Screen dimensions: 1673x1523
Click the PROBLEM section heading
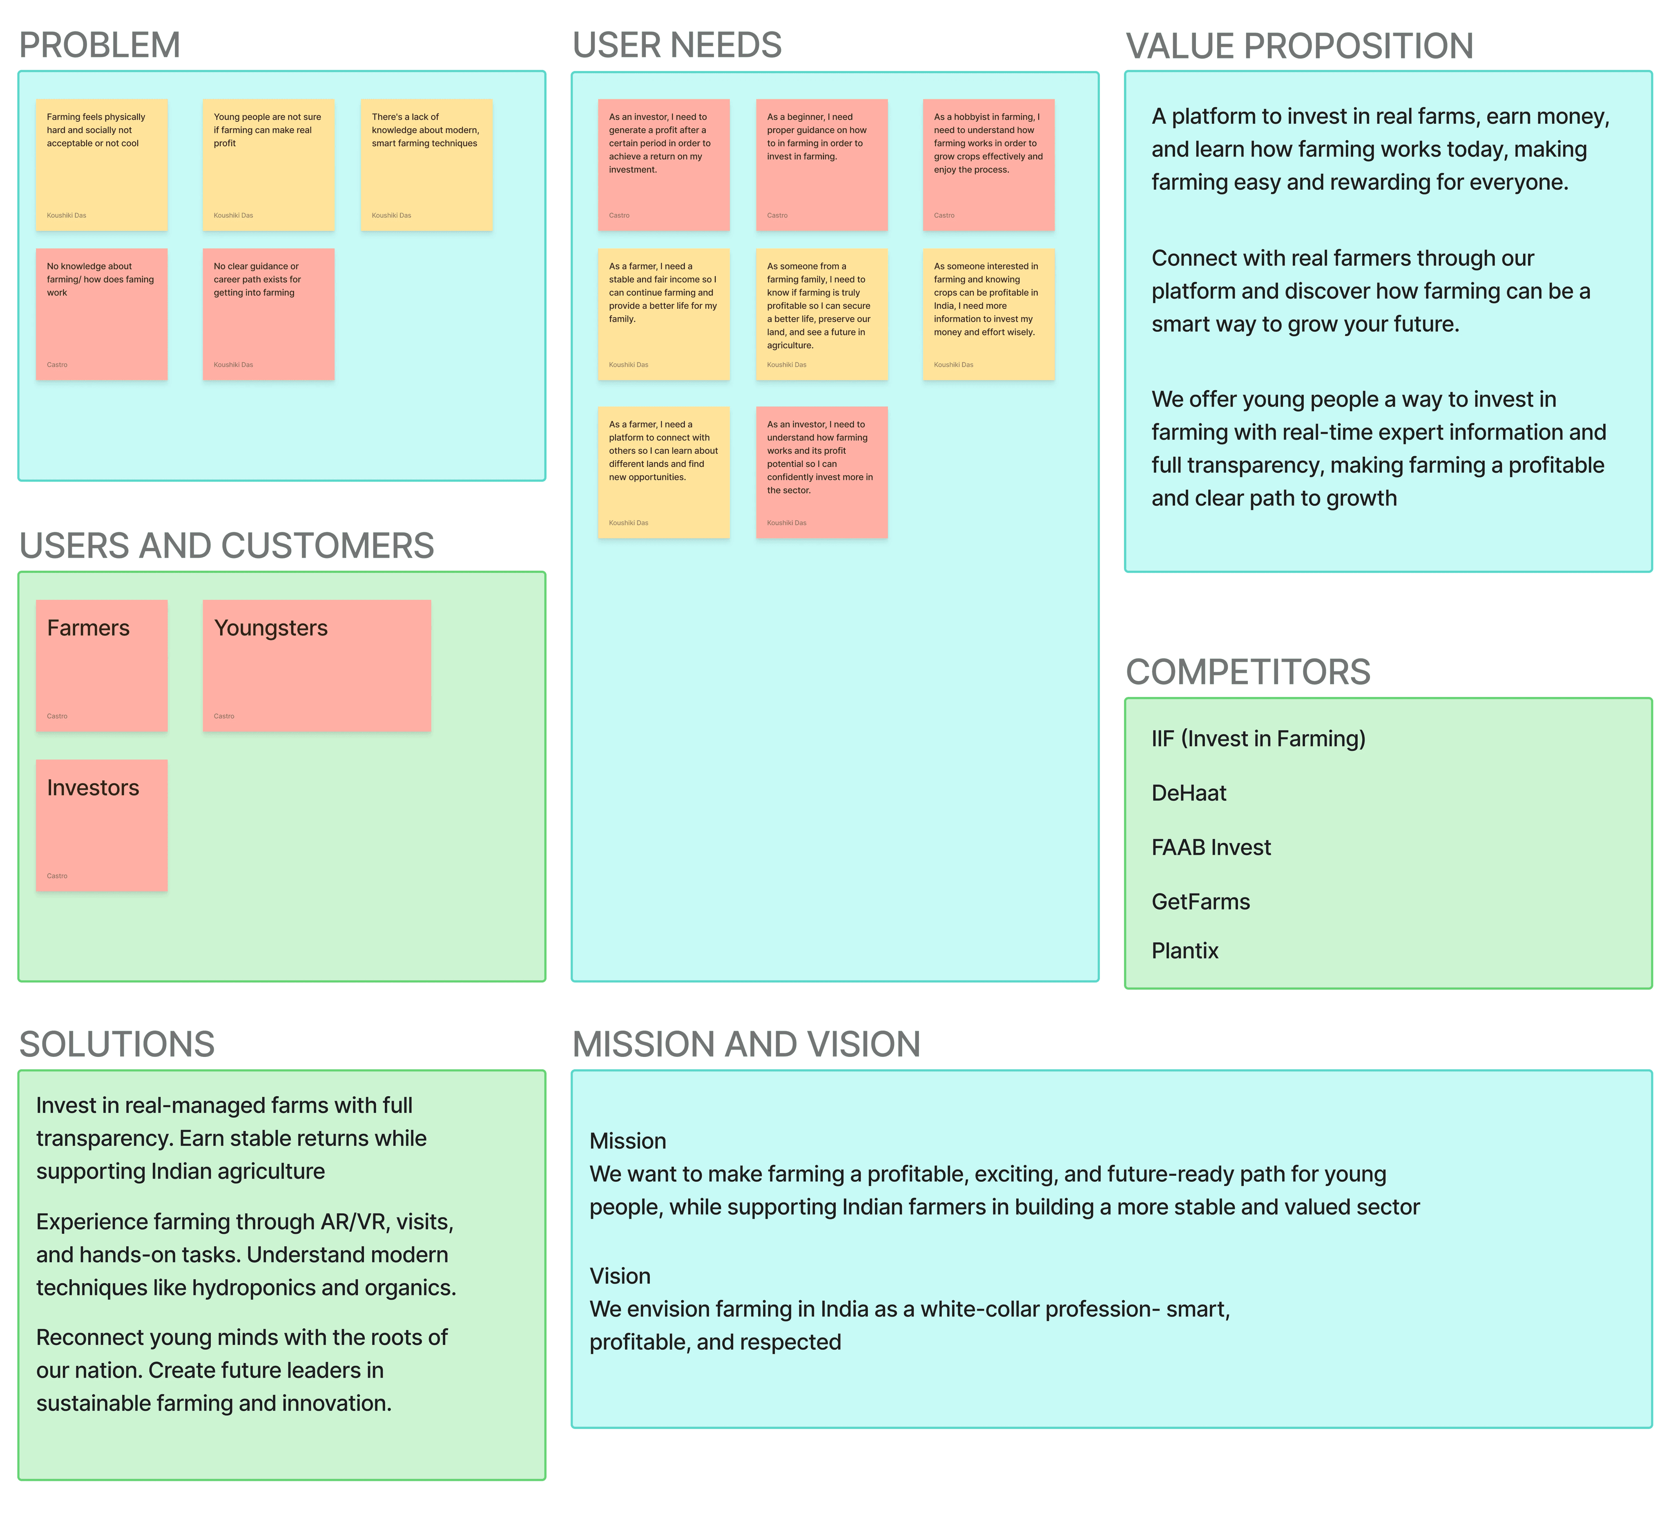click(100, 45)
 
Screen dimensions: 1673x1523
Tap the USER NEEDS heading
click(677, 45)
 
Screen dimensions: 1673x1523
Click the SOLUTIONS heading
click(117, 1044)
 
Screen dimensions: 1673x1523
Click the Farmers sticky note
click(101, 665)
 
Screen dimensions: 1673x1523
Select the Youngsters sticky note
click(317, 665)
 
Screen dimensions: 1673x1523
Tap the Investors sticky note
click(101, 826)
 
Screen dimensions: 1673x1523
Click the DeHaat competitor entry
click(1188, 793)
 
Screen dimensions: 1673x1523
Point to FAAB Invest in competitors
click(1211, 847)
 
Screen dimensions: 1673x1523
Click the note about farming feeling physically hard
click(101, 165)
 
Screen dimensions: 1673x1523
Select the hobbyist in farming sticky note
click(988, 165)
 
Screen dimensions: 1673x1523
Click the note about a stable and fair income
click(664, 315)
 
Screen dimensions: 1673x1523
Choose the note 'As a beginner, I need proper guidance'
click(821, 165)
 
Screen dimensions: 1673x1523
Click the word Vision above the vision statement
click(620, 1276)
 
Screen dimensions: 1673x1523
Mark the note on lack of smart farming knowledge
click(426, 165)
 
